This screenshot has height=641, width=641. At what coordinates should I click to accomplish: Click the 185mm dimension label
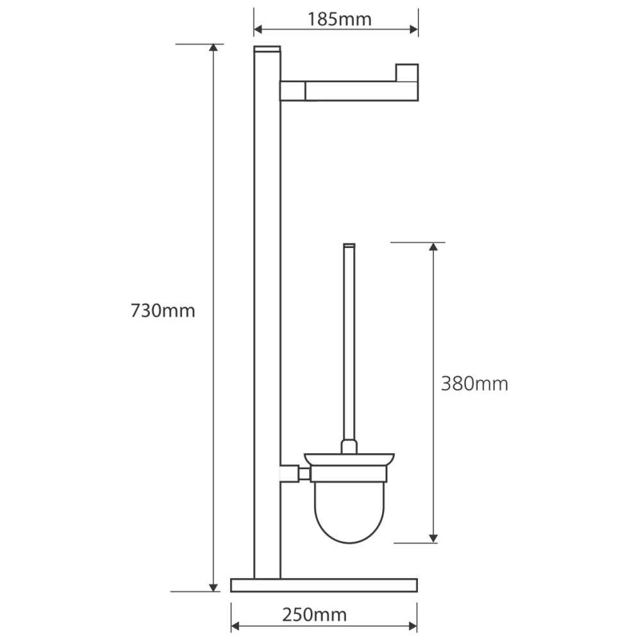point(339,19)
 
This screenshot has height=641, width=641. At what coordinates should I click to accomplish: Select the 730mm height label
point(163,311)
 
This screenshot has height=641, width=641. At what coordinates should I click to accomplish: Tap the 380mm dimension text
point(474,384)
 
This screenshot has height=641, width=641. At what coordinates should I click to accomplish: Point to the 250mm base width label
point(314,615)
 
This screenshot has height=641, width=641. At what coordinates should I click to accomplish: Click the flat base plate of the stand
point(324,585)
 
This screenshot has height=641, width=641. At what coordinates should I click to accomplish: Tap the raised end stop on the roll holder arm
point(407,73)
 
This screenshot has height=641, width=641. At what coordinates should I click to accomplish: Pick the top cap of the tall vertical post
point(267,49)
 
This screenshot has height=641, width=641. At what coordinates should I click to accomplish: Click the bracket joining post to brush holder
point(295,474)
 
